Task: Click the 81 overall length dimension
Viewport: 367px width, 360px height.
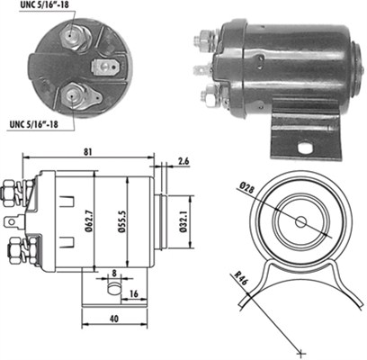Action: (x=87, y=152)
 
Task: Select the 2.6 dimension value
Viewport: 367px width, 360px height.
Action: (x=183, y=161)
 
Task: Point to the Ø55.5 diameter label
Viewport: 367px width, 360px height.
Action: (x=121, y=220)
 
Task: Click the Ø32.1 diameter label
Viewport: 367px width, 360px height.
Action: (x=183, y=221)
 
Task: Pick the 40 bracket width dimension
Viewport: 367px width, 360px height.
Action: (x=114, y=319)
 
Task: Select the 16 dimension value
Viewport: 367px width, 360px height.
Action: (x=134, y=294)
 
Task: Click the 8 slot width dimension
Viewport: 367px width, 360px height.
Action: (x=114, y=274)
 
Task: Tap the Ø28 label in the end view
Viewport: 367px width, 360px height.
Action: (x=247, y=187)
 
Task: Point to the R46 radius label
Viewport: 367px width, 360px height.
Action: (x=240, y=280)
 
